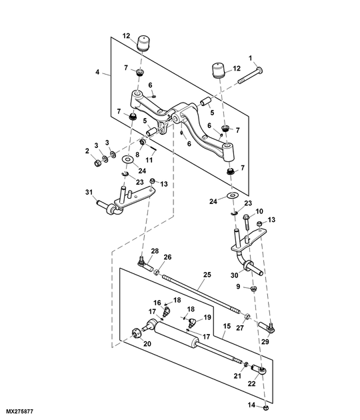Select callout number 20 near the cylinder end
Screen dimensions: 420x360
pos(147,343)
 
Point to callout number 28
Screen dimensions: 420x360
pos(155,251)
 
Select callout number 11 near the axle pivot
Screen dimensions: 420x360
pos(149,160)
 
